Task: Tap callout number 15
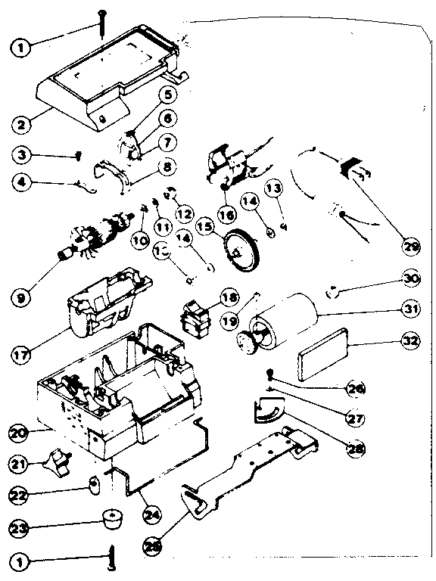[x=204, y=226]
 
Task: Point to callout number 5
[x=167, y=95]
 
